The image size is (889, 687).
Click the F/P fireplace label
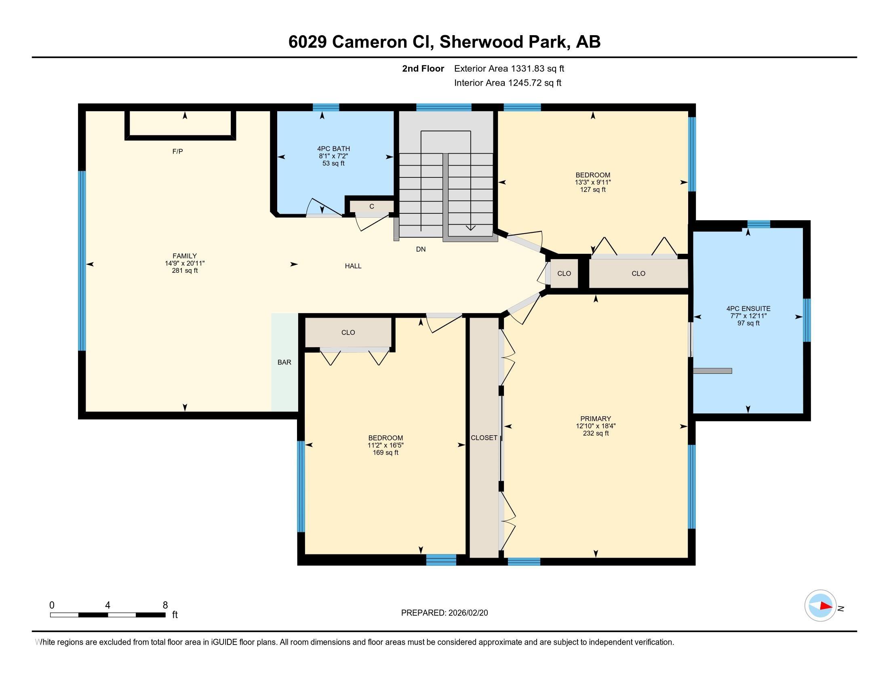[177, 152]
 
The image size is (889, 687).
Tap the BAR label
[284, 362]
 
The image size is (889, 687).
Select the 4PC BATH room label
[333, 149]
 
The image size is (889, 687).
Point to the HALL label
[353, 266]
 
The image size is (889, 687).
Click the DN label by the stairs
[421, 249]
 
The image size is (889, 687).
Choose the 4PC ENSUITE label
[748, 309]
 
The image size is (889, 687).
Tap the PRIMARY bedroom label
[596, 418]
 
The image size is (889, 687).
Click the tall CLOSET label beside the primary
[484, 438]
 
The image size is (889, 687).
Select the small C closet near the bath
[372, 207]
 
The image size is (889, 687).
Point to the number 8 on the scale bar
[165, 605]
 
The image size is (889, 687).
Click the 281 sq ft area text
[185, 270]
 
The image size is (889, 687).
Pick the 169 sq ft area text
[386, 452]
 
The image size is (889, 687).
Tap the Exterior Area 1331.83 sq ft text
[509, 68]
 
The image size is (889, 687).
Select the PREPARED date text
[444, 613]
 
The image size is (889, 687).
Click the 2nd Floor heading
[423, 68]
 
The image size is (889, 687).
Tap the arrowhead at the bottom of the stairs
[470, 228]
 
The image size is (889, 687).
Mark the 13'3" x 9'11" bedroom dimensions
[593, 182]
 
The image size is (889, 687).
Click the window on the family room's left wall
[82, 261]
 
